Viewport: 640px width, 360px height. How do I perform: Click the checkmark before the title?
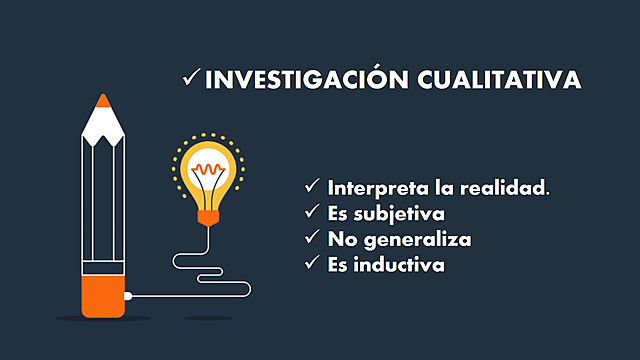coord(191,79)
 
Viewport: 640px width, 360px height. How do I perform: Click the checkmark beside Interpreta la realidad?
coord(313,187)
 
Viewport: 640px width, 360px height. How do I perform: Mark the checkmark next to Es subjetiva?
coord(313,213)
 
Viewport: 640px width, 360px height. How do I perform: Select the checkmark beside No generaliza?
coord(313,239)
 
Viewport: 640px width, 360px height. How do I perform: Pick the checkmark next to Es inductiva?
coord(313,265)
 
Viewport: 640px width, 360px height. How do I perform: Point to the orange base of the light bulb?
coord(209,214)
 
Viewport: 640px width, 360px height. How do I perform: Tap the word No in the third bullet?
coord(341,239)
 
